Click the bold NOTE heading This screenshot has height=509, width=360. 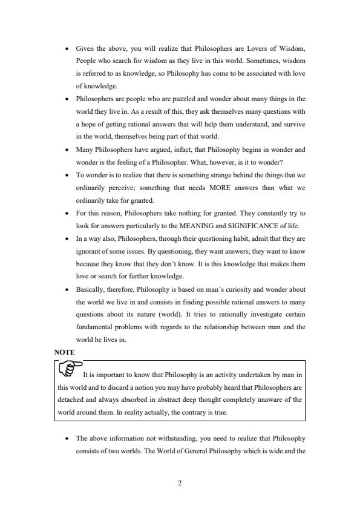coord(64,351)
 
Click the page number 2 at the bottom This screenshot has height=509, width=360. coord(180,484)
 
